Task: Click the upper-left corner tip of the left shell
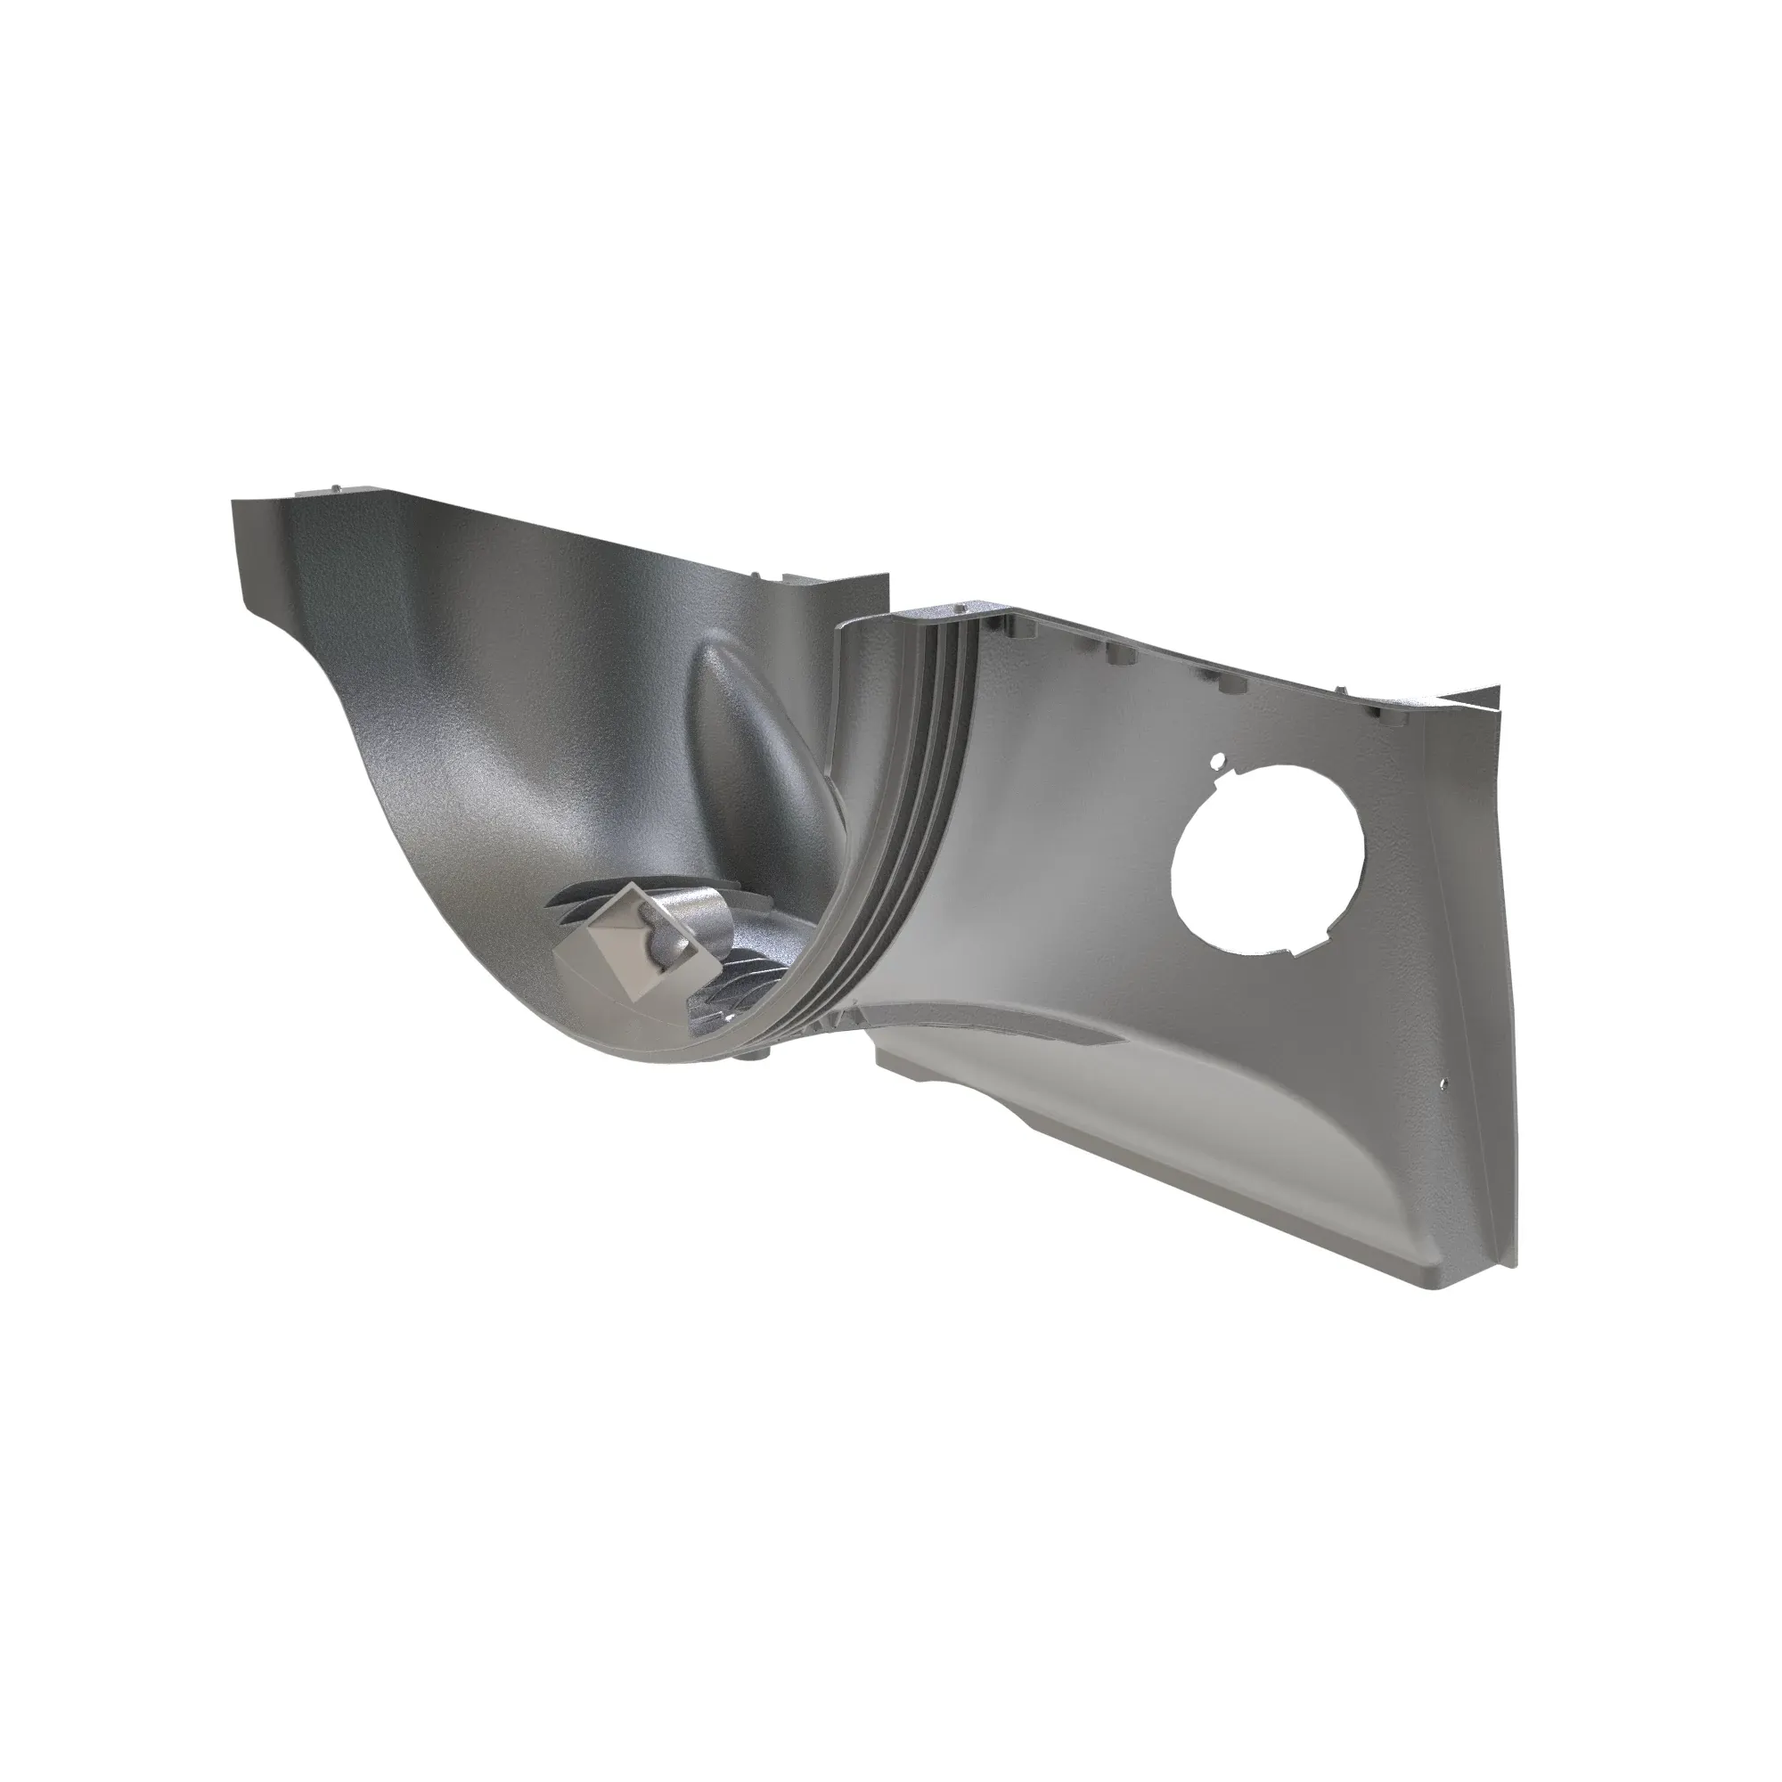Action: [232, 503]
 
